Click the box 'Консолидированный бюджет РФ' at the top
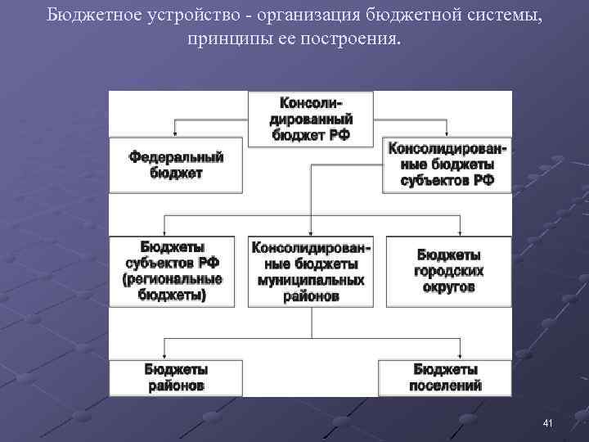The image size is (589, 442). click(x=310, y=119)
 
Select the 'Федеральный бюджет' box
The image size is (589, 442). click(x=176, y=165)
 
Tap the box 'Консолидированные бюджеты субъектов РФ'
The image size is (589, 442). click(x=447, y=165)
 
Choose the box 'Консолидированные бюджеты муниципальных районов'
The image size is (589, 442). click(x=310, y=271)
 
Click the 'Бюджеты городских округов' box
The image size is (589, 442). click(x=448, y=271)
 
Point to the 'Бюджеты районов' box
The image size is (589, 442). click(x=176, y=377)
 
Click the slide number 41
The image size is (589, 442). click(x=548, y=422)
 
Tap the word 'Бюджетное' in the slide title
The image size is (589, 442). click(x=86, y=15)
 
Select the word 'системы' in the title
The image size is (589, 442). click(x=508, y=15)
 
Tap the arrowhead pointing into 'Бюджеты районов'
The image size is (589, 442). click(x=167, y=354)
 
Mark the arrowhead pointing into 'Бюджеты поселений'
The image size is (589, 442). click(x=448, y=354)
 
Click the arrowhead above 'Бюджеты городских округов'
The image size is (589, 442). click(x=448, y=232)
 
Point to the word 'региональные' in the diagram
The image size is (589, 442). click(x=173, y=279)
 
